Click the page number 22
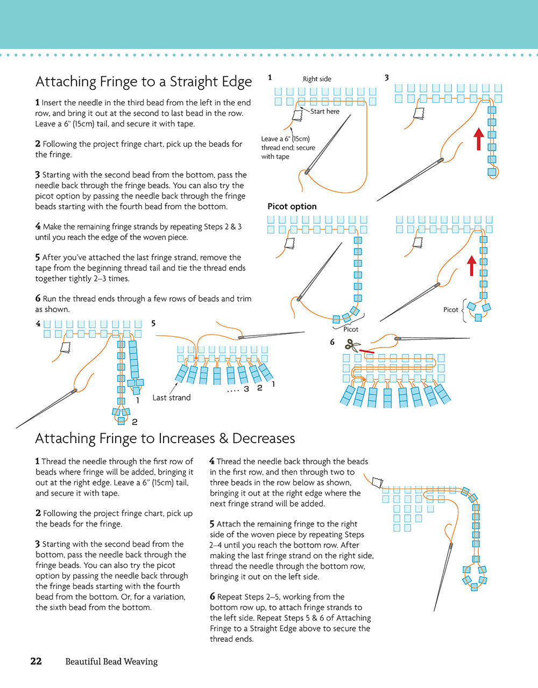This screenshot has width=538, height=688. [36, 661]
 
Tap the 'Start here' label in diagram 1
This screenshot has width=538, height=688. [325, 111]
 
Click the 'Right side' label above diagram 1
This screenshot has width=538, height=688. [317, 79]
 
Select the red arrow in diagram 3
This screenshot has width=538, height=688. [478, 139]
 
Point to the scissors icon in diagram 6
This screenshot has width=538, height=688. [352, 345]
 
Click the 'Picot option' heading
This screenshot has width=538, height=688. [292, 207]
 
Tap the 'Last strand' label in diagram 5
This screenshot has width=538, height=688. [172, 398]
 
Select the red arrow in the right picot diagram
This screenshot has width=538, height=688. [472, 265]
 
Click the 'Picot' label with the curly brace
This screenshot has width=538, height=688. [451, 309]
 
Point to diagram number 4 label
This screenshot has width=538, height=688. [38, 324]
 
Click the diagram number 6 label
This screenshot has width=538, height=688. [332, 342]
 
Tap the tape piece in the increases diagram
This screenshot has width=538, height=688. [376, 480]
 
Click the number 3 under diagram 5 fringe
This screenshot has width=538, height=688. [246, 389]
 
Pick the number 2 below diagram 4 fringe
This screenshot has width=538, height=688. [134, 422]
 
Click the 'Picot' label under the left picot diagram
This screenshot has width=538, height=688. [350, 329]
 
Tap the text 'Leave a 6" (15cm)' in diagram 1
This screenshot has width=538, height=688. [285, 139]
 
